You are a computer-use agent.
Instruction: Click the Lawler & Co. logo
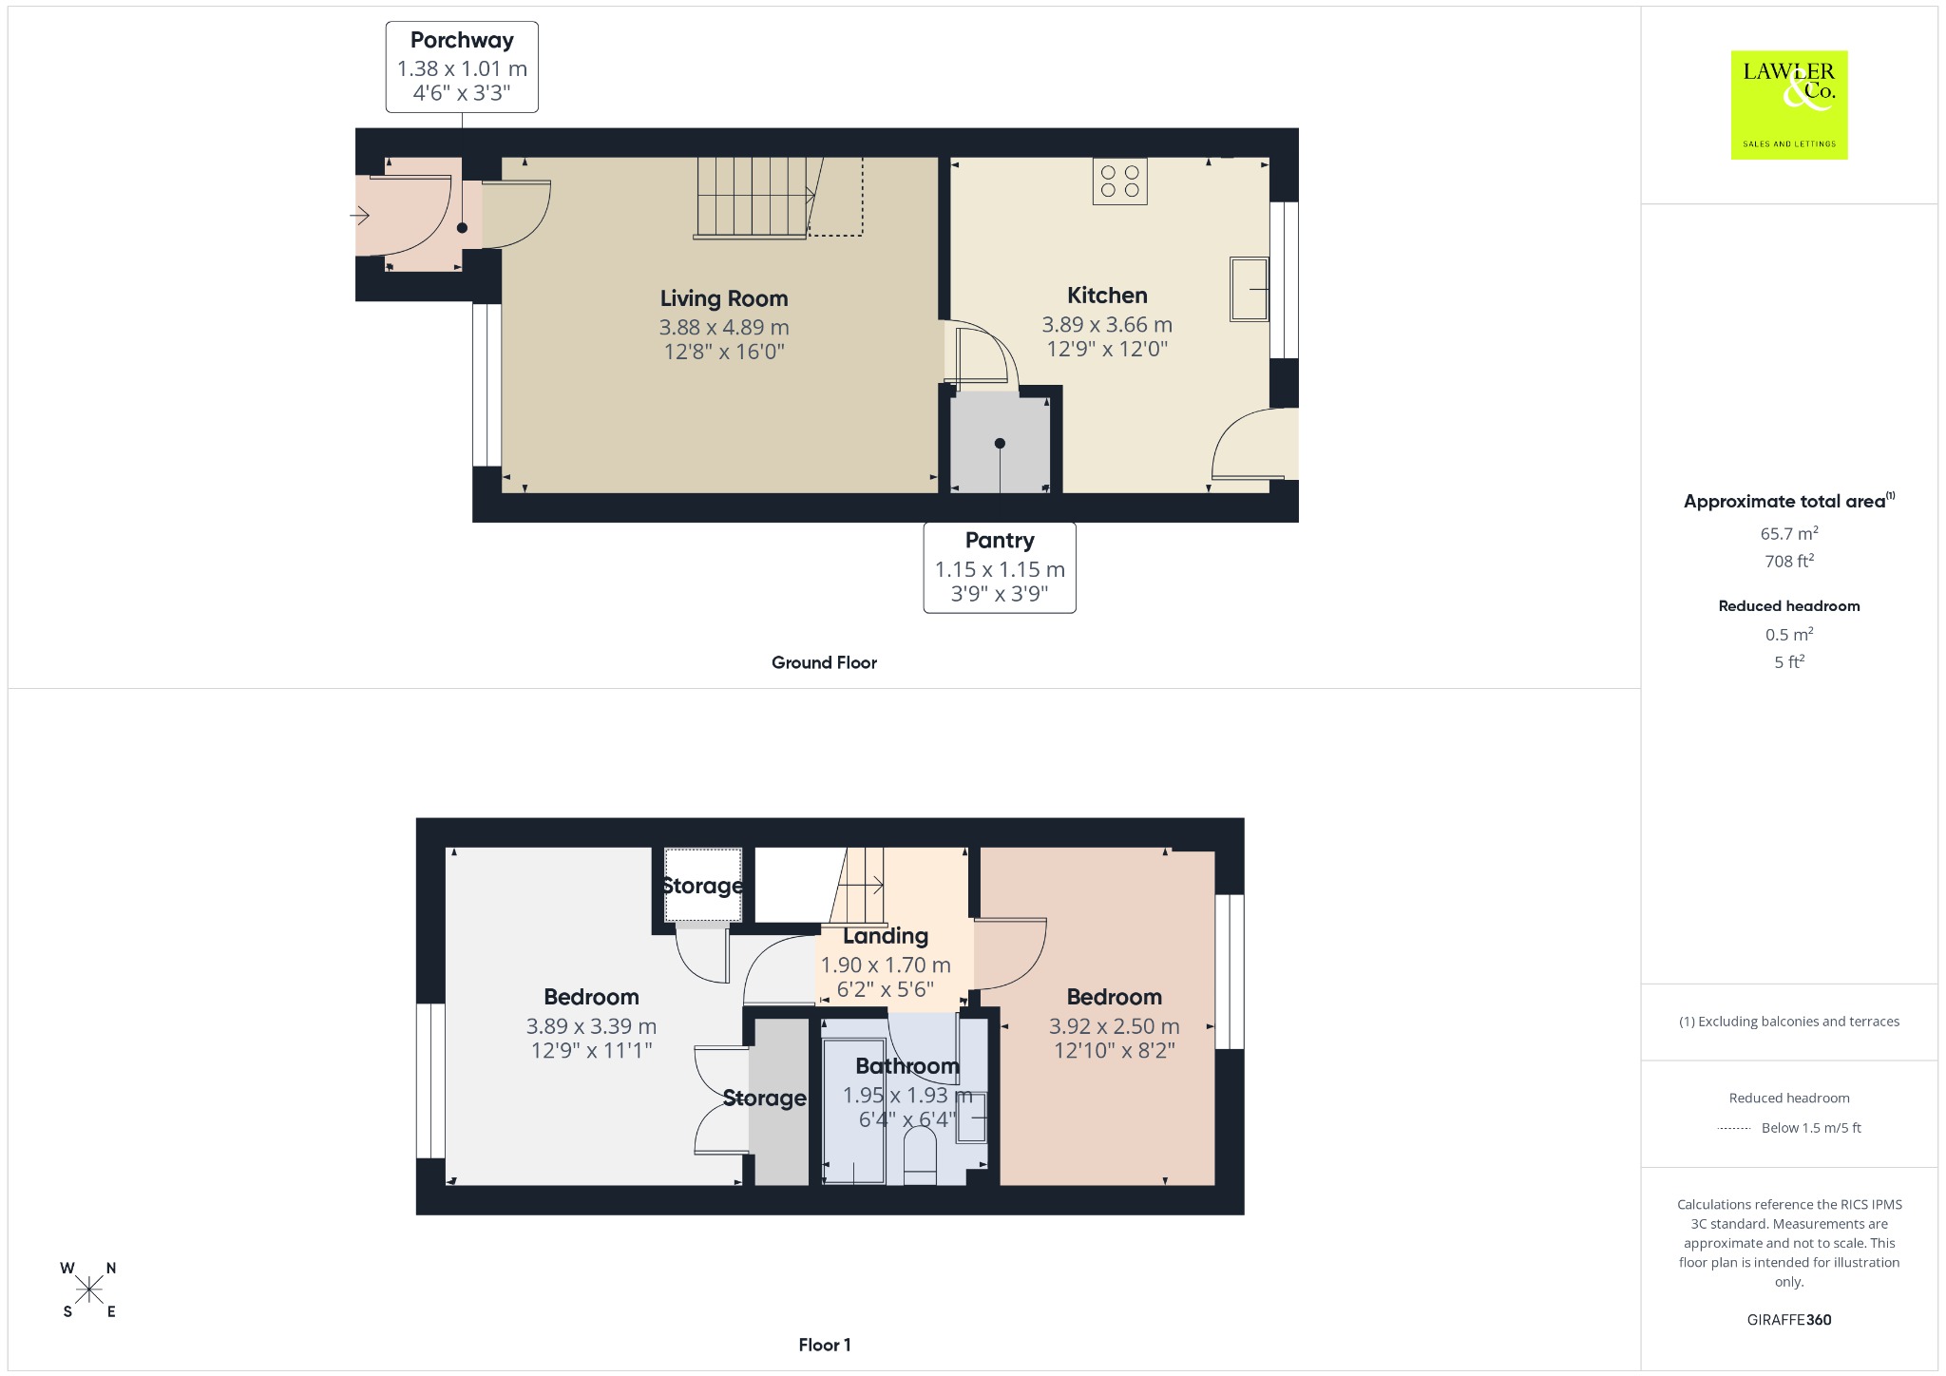(x=1788, y=105)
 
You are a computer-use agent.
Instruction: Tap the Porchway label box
(x=462, y=67)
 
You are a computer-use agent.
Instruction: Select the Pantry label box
(x=1000, y=567)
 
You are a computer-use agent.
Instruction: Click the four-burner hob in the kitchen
(x=1120, y=182)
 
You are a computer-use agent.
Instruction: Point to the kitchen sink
(x=1250, y=289)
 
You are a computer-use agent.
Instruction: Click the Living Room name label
(x=724, y=298)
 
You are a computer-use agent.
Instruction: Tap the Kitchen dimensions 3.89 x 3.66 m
(x=1107, y=325)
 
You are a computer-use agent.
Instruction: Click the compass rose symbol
(x=89, y=1290)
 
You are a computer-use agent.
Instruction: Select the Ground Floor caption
(x=824, y=662)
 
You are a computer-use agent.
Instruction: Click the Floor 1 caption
(x=824, y=1345)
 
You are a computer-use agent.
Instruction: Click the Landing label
(x=886, y=936)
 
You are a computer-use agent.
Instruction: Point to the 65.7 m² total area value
(x=1789, y=533)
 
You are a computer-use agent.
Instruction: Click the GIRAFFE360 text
(x=1789, y=1319)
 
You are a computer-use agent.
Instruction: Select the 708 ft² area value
(x=1789, y=561)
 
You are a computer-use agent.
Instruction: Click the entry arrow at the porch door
(x=359, y=217)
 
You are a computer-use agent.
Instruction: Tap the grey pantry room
(x=1000, y=443)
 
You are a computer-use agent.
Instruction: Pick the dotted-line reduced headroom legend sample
(x=1734, y=1129)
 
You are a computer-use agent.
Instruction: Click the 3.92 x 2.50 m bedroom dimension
(x=1115, y=1026)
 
